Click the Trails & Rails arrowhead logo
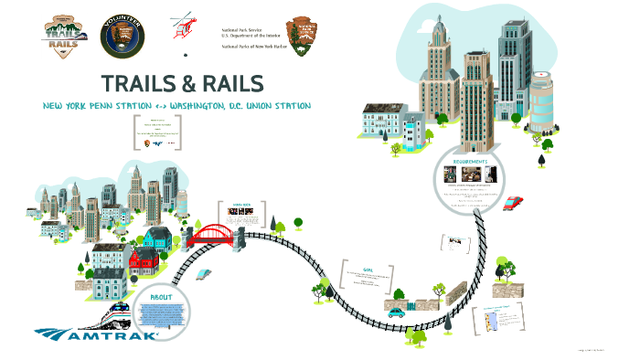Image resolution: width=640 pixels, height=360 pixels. (62, 39)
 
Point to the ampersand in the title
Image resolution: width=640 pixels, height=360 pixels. (195, 83)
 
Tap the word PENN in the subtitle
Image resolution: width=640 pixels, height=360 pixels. (109, 108)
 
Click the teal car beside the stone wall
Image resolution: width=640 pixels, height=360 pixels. (396, 312)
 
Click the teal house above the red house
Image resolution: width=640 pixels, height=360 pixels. (157, 239)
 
